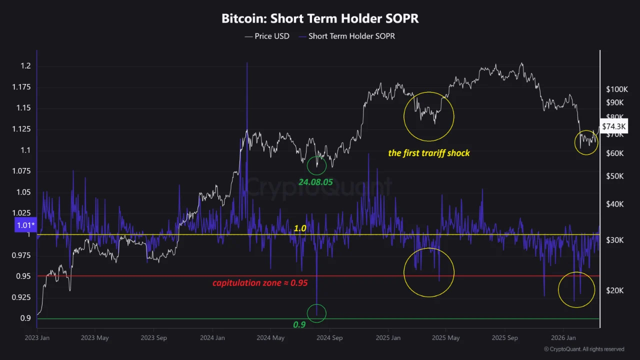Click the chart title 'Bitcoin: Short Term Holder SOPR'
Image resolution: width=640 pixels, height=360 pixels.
coord(320,19)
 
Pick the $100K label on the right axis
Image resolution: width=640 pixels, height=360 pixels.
coord(616,89)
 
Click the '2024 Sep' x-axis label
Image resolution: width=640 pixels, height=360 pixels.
coord(330,338)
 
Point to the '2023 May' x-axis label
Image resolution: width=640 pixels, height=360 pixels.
coord(95,338)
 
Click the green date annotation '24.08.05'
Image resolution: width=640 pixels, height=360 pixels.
coord(315,182)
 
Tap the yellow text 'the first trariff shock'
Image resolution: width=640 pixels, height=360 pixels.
coord(429,153)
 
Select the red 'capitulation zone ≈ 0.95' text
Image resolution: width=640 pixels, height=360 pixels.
coord(260,283)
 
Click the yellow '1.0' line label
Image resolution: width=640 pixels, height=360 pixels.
coord(299,228)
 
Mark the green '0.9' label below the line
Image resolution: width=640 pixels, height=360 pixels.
coord(299,324)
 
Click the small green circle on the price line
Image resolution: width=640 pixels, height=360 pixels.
coord(316,165)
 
